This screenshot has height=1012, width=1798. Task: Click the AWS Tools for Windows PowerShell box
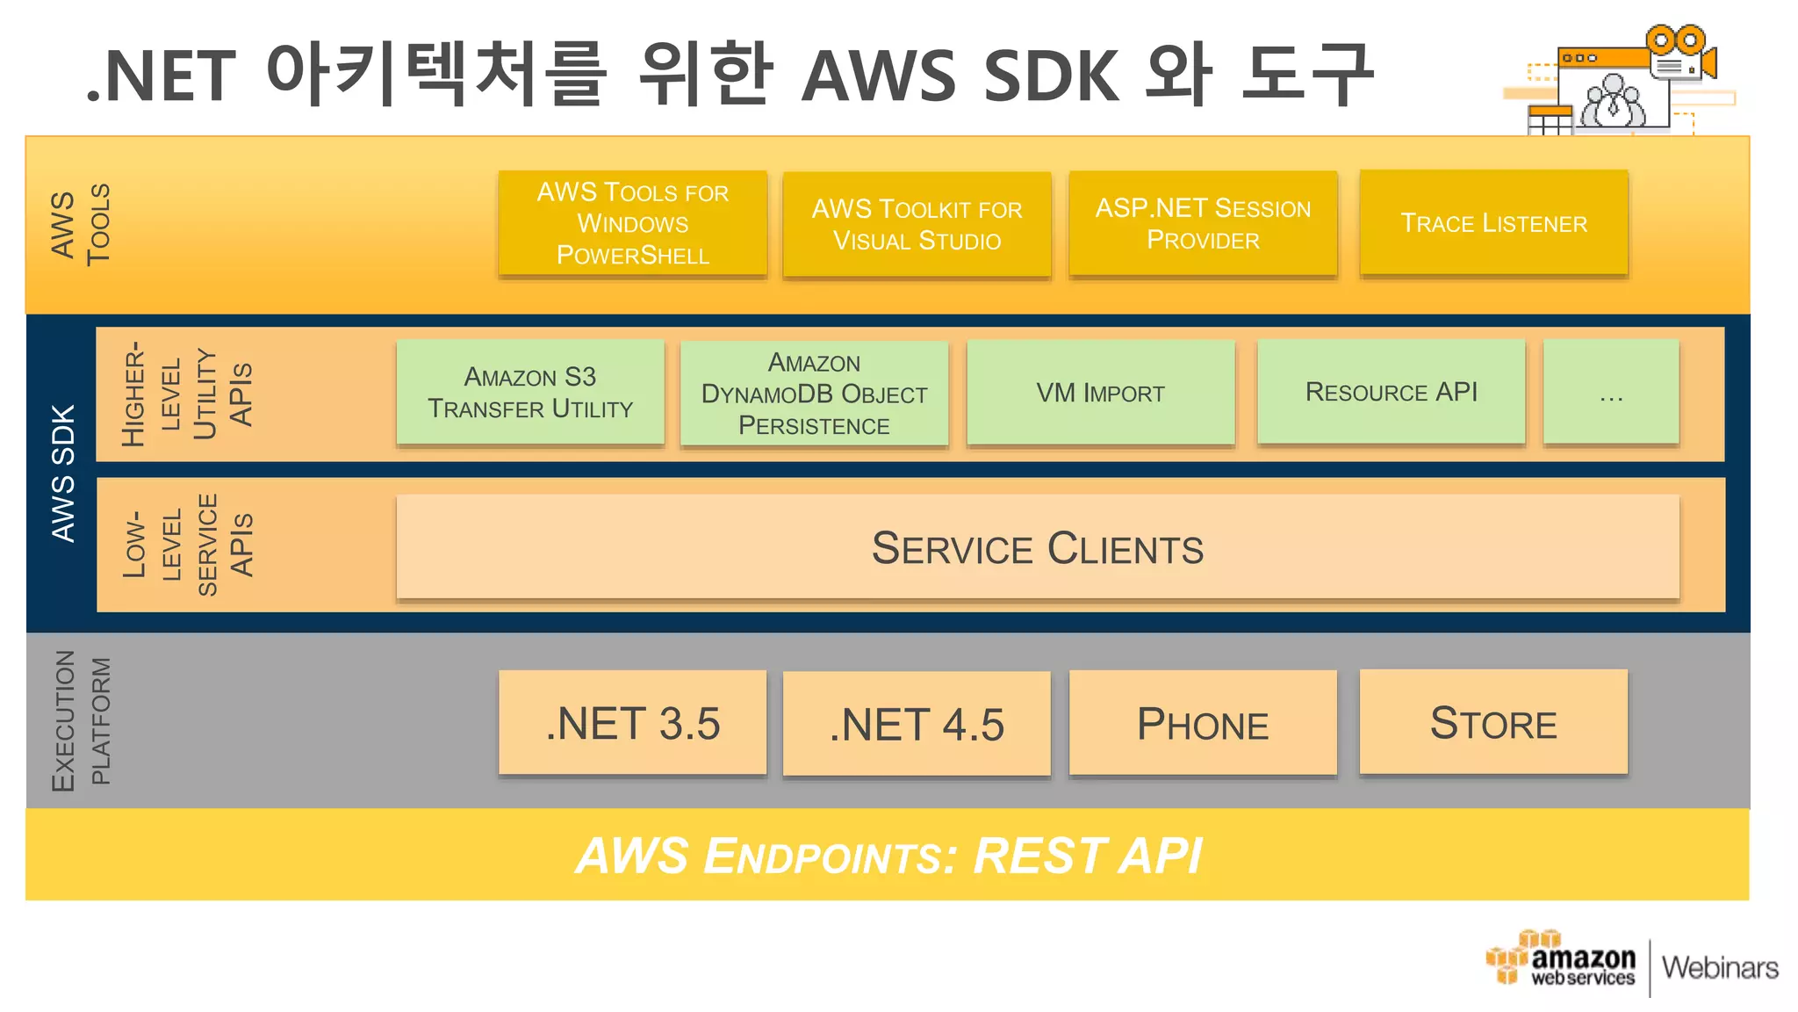tap(632, 223)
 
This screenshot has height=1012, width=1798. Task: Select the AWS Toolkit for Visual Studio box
tap(917, 225)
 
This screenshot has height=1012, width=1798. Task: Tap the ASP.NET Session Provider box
tap(1203, 223)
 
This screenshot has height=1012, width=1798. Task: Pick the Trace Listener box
tap(1493, 223)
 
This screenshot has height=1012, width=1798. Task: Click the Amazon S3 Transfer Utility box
tap(530, 393)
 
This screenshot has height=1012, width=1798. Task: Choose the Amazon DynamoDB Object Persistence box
tap(814, 394)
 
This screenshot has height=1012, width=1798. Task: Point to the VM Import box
tap(1100, 393)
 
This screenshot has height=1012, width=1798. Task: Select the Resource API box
tap(1391, 392)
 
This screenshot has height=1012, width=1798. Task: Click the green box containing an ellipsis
tap(1610, 393)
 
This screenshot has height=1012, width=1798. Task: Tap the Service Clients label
tap(1037, 548)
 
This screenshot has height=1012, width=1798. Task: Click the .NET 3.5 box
tap(632, 723)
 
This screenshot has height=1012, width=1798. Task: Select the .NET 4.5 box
tap(917, 724)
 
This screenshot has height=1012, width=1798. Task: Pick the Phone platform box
tap(1203, 723)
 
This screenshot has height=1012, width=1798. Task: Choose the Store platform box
tap(1493, 722)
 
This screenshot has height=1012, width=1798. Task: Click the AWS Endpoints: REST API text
tap(888, 856)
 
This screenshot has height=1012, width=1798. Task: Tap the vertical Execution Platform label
tap(81, 720)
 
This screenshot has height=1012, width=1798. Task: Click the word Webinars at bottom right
tap(1719, 967)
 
